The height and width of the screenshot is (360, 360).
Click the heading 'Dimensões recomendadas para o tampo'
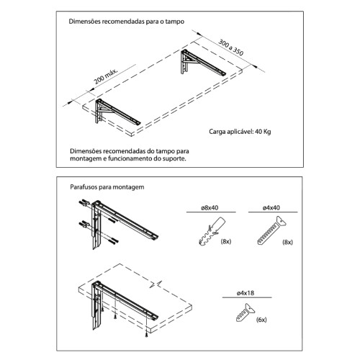point(126,22)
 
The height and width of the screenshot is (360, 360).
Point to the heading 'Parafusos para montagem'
point(107,186)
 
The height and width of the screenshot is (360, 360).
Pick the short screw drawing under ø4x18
point(241,314)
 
